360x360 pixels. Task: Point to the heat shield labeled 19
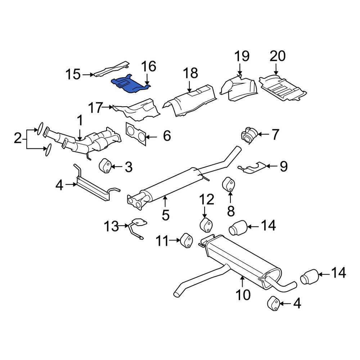pos(239,87)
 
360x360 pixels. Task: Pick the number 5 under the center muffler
pos(165,215)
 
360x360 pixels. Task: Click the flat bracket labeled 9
pos(254,167)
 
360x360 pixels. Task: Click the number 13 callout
pos(111,226)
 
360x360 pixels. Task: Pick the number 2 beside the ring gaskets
pos(17,138)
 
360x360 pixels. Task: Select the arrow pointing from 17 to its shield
pos(108,107)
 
